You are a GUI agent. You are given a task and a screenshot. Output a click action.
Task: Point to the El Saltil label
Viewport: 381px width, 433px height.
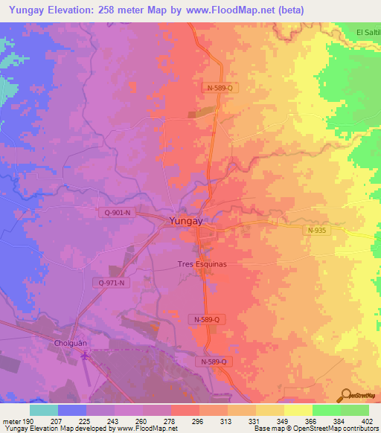coord(368,32)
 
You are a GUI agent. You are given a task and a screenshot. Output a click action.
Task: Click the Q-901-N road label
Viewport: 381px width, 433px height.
coord(117,213)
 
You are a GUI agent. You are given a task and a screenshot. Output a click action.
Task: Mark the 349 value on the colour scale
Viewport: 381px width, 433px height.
coord(281,421)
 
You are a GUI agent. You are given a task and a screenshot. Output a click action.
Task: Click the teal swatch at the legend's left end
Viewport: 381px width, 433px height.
coord(44,410)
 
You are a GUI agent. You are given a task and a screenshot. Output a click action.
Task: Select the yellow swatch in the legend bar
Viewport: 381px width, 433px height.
coord(298,410)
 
